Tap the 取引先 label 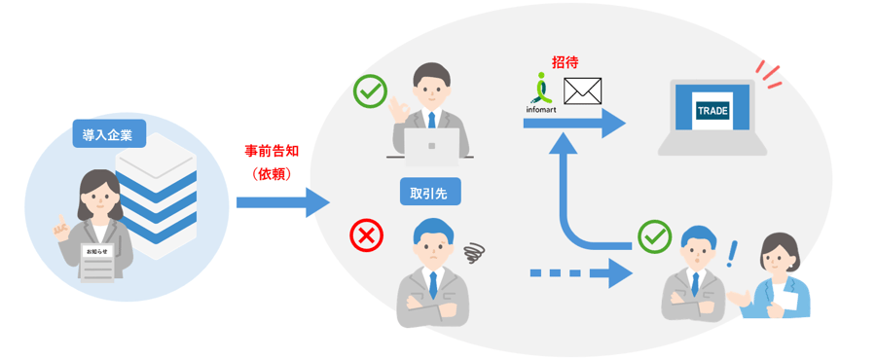point(428,192)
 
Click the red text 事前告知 point(273,152)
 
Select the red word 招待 point(566,61)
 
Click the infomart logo point(542,93)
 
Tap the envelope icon point(583,90)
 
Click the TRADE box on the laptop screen point(712,110)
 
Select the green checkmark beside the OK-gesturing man point(369,92)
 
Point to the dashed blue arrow point(575,272)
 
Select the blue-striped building point(156,199)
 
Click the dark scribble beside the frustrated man point(474,255)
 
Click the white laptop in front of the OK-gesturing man point(428,147)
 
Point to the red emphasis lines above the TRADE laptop point(769,73)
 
